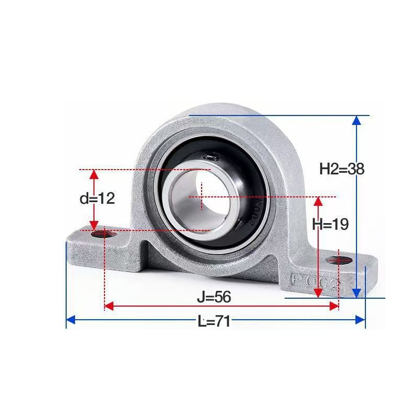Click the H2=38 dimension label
click(342, 169)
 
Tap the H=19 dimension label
click(330, 224)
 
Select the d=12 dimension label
click(97, 198)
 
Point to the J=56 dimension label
click(214, 297)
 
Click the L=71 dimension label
click(214, 321)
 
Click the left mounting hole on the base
click(104, 234)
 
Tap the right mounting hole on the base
click(339, 260)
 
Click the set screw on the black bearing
click(211, 156)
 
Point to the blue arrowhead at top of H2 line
click(356, 121)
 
